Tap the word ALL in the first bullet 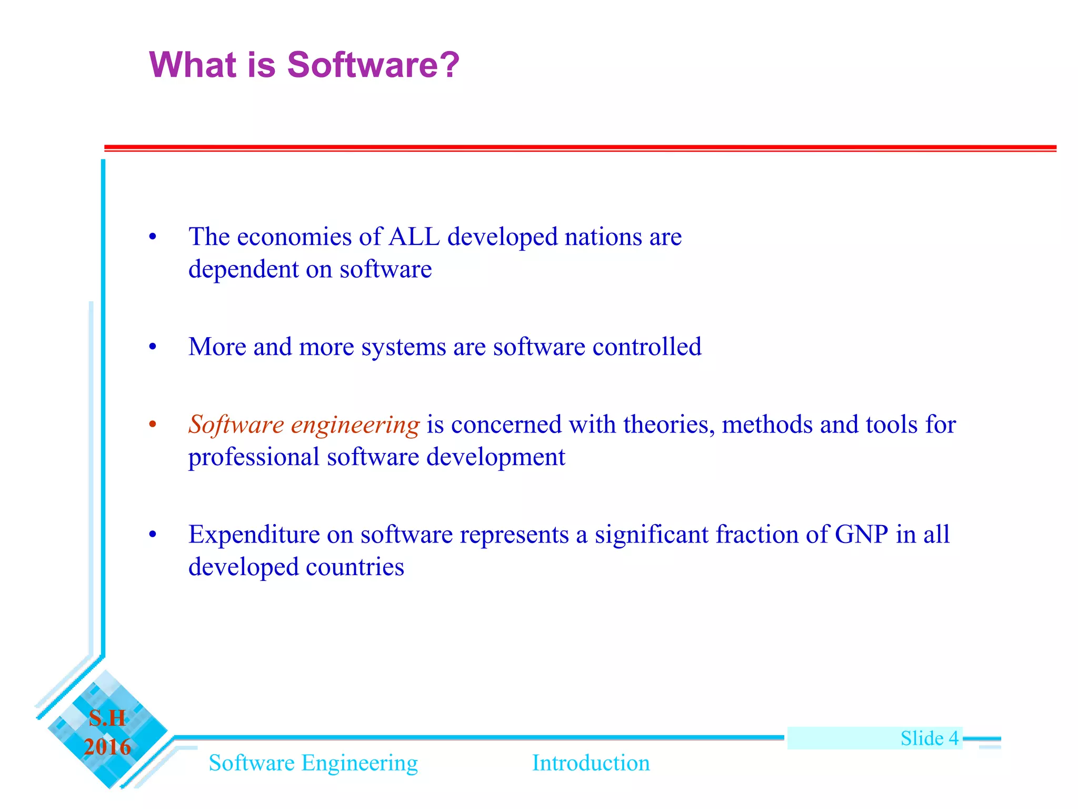[x=414, y=236]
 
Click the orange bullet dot [x=153, y=425]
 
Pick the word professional [x=254, y=457]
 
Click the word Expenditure [x=254, y=535]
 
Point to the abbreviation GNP [x=861, y=535]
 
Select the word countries [x=355, y=567]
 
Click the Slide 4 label [x=929, y=738]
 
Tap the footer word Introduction [x=591, y=763]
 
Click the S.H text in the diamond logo [x=107, y=718]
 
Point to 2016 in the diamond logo [x=107, y=747]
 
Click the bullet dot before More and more [x=153, y=347]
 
